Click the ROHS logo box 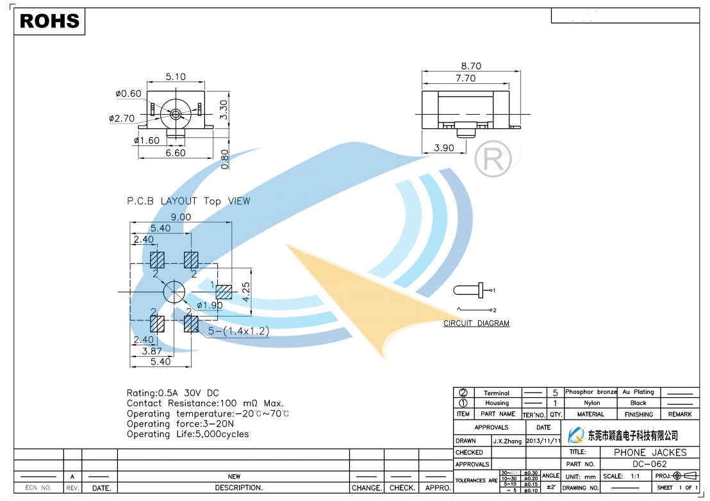[49, 21]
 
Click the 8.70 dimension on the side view [470, 66]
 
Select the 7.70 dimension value [465, 78]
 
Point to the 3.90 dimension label [443, 148]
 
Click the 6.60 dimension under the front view [176, 153]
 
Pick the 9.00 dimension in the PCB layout [181, 217]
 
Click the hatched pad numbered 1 [224, 292]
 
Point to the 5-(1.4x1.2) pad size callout [238, 331]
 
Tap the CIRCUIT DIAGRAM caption [476, 324]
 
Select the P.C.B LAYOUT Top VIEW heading [188, 201]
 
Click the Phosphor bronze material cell [591, 392]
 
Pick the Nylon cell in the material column [591, 403]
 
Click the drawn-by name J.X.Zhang [508, 441]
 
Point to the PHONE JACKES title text [650, 452]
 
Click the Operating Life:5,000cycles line [188, 434]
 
